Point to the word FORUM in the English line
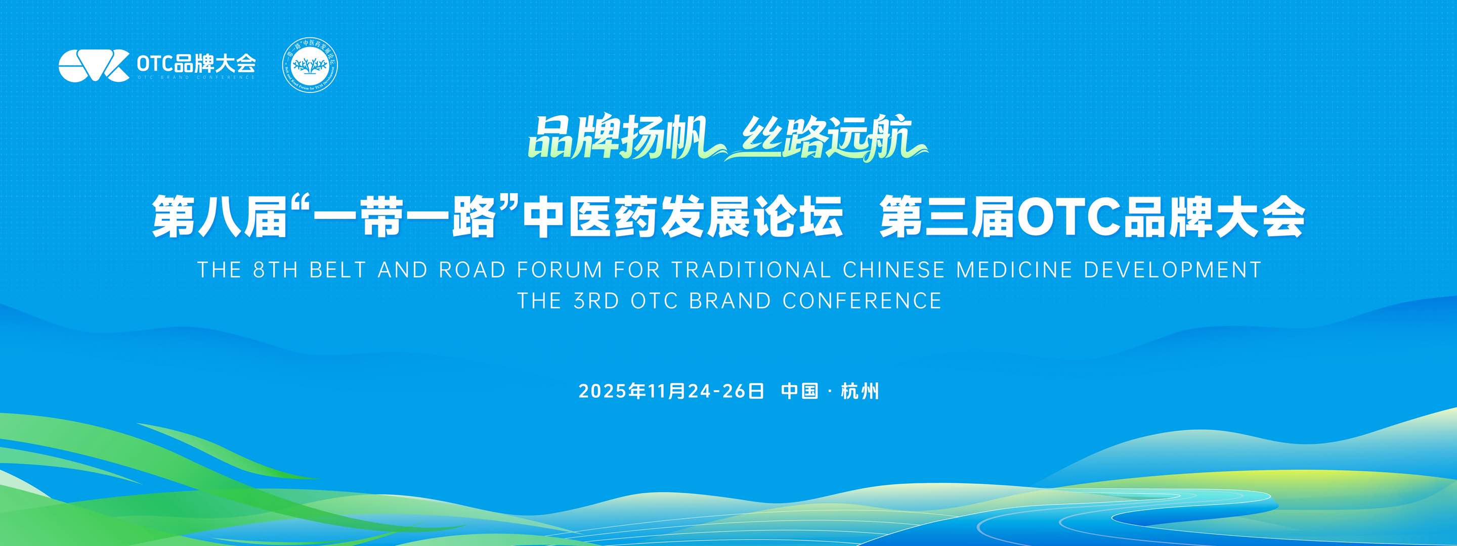pyautogui.click(x=560, y=270)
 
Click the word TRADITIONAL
pyautogui.click(x=752, y=270)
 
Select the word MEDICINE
pyautogui.click(x=1014, y=270)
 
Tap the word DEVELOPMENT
pyautogui.click(x=1173, y=270)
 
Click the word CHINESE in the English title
pyautogui.click(x=893, y=270)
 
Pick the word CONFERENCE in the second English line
pyautogui.click(x=862, y=301)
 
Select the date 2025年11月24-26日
pyautogui.click(x=671, y=391)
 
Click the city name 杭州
pyautogui.click(x=860, y=391)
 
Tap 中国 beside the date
pyautogui.click(x=800, y=391)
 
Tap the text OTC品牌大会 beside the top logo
pyautogui.click(x=196, y=63)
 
